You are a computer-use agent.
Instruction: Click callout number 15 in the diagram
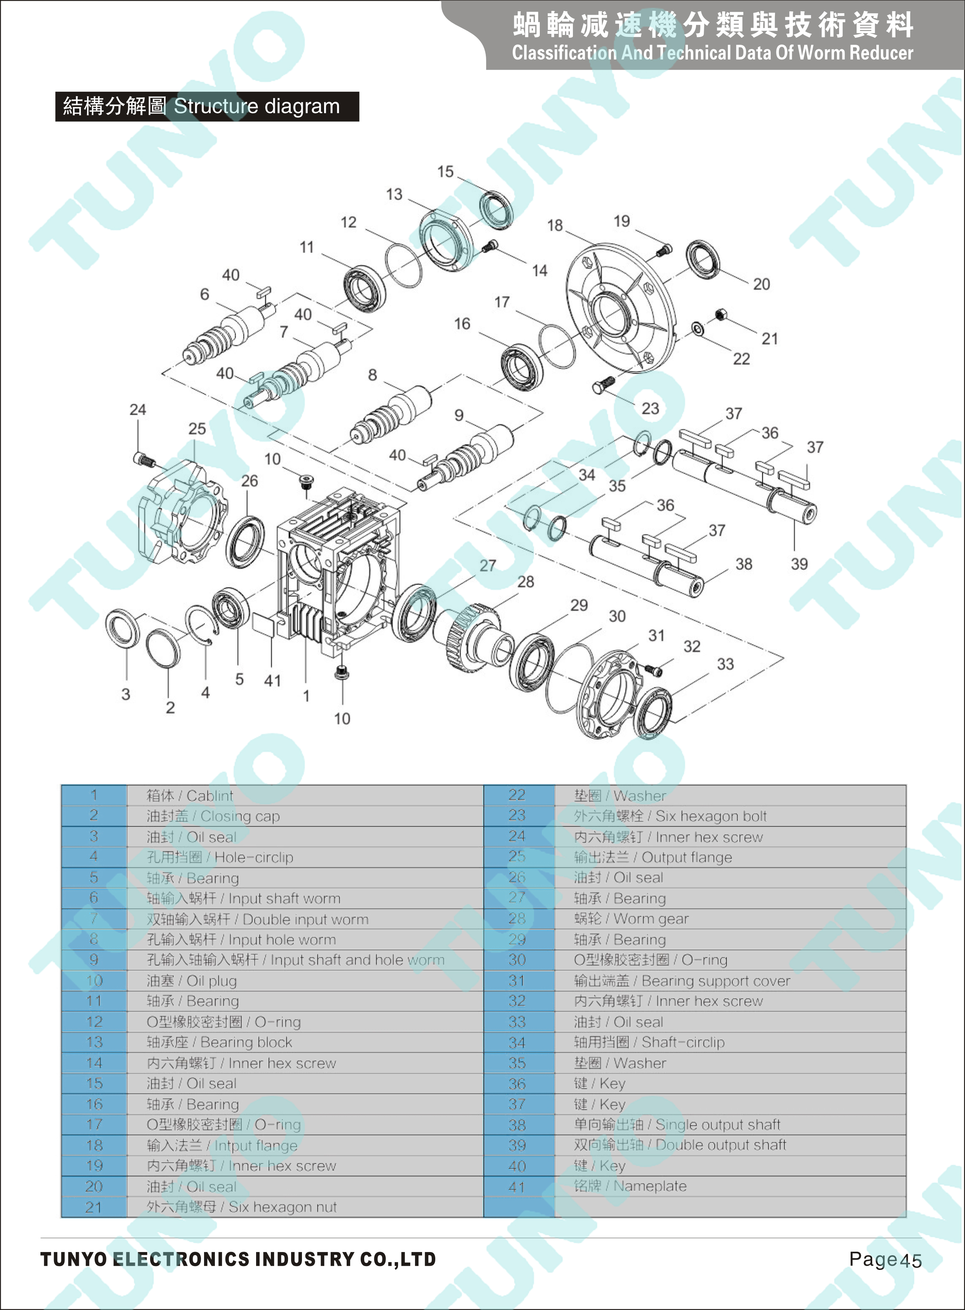(445, 172)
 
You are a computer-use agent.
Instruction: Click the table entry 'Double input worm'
(305, 919)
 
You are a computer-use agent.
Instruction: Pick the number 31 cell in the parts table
(517, 980)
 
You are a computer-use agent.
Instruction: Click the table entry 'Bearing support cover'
(715, 980)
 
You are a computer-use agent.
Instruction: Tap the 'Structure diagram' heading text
(257, 106)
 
